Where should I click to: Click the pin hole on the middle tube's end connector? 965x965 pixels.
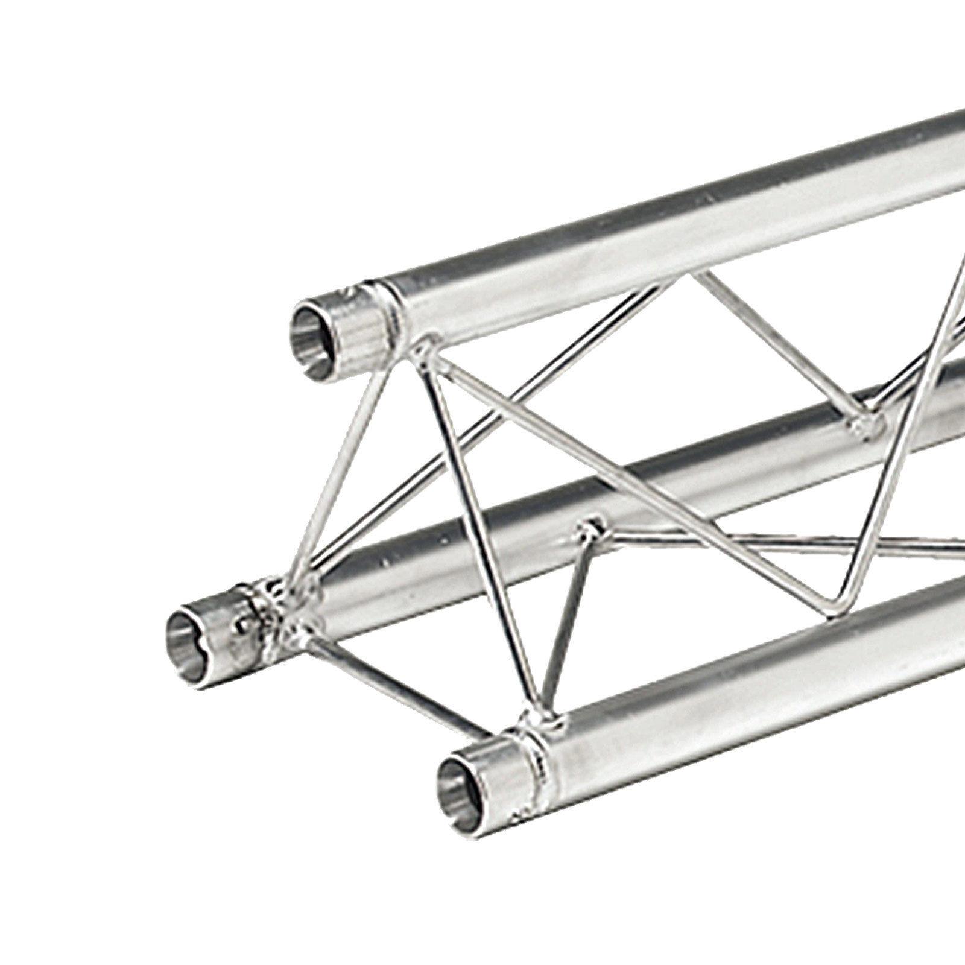click(x=244, y=627)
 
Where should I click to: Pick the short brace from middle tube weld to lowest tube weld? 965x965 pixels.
click(x=567, y=621)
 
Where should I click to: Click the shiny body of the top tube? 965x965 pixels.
click(x=663, y=241)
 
